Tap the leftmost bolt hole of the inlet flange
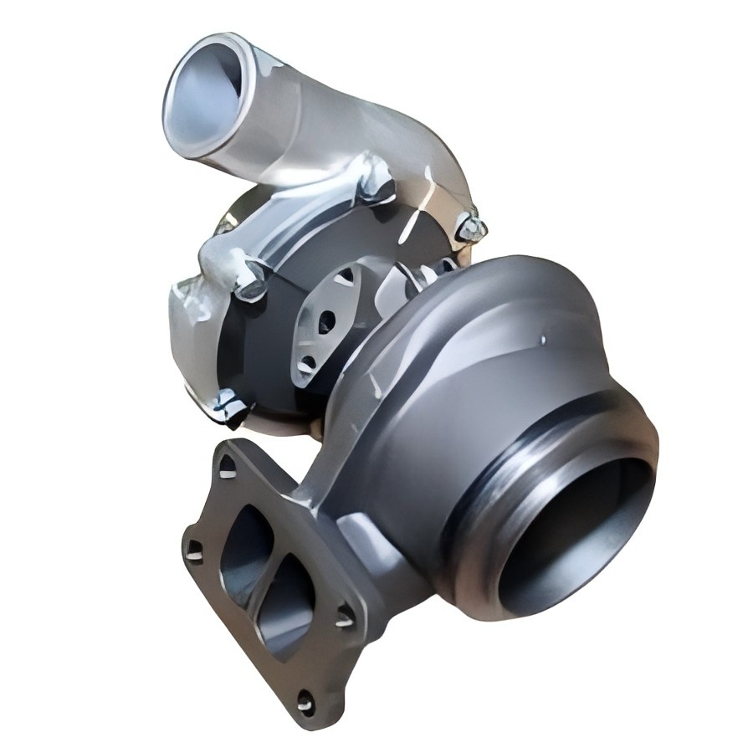pos(193,550)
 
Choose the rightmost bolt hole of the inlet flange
pos(344,617)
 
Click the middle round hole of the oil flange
pos(326,319)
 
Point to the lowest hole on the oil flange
pos(308,362)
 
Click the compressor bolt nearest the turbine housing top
pos(469,228)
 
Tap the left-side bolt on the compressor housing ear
pos(249,284)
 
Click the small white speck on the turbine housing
pos(542,340)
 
